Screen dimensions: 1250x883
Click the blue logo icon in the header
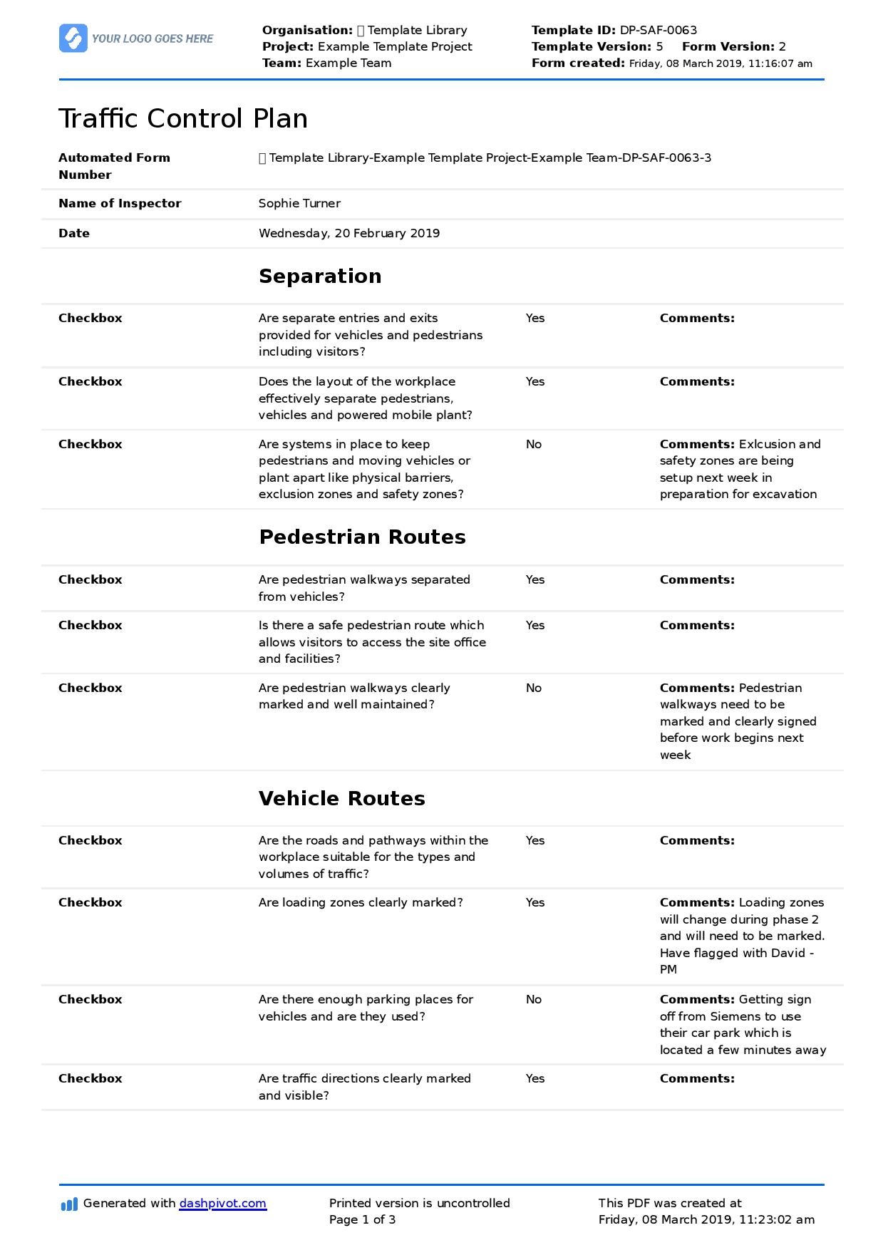[73, 38]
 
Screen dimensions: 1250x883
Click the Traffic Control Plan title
[183, 118]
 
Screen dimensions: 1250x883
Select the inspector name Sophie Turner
[299, 204]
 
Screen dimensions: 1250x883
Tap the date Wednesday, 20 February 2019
[348, 234]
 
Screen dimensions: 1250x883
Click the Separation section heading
[320, 277]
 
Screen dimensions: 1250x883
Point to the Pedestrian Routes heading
[362, 537]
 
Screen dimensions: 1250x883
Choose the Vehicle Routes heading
[341, 799]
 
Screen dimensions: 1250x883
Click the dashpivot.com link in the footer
[222, 1204]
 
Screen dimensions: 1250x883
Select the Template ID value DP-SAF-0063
[658, 31]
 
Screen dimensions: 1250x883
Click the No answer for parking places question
[534, 1000]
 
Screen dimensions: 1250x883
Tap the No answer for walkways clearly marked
[534, 688]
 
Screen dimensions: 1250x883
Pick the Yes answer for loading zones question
[535, 903]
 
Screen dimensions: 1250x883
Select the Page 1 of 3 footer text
[362, 1220]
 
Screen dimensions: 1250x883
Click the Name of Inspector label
[120, 204]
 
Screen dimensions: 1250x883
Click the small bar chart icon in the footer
[69, 1204]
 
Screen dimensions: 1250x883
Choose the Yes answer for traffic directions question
[535, 1079]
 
